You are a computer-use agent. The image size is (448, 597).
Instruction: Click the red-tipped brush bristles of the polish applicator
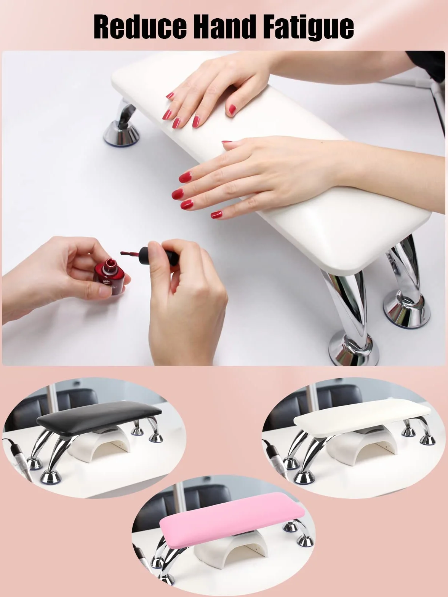pos(130,254)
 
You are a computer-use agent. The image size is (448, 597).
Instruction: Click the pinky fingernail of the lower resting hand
pos(217,215)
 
